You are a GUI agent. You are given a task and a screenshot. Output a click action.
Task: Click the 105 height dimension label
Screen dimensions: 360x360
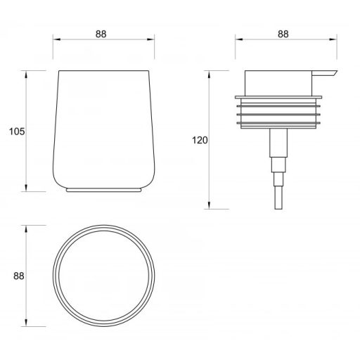point(17,131)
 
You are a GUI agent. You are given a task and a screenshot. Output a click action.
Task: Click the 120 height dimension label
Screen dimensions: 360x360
point(200,140)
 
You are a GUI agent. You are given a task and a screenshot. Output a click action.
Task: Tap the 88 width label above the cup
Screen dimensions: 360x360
point(101,34)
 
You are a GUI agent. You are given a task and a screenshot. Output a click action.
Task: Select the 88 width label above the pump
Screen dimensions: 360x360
point(283,34)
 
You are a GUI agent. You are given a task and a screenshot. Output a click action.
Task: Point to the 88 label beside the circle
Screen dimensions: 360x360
point(19,276)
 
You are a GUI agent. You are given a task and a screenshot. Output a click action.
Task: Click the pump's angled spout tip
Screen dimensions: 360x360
point(337,71)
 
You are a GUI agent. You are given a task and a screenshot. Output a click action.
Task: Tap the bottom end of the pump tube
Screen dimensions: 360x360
point(278,209)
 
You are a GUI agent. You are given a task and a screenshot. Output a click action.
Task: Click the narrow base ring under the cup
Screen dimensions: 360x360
point(104,190)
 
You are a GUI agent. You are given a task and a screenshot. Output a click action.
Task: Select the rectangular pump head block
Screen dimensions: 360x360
point(278,83)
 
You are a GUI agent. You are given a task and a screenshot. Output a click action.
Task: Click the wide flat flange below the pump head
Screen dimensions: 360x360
point(278,97)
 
